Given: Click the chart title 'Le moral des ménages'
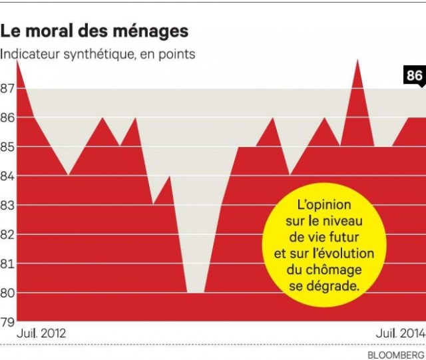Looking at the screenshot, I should [95, 31].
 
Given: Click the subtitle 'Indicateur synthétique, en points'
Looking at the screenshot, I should [98, 55].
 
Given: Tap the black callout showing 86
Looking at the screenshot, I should [414, 76].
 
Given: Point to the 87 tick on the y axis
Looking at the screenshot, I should [7, 88].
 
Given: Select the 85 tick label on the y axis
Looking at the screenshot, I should [7, 146].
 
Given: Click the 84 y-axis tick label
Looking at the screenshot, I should [7, 176].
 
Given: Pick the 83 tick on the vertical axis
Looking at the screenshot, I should [7, 205].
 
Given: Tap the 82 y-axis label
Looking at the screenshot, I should [7, 234].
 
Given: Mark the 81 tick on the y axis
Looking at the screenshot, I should [7, 264].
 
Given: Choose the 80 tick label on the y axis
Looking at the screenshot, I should [7, 293].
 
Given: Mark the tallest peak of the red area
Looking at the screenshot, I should [357, 61].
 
